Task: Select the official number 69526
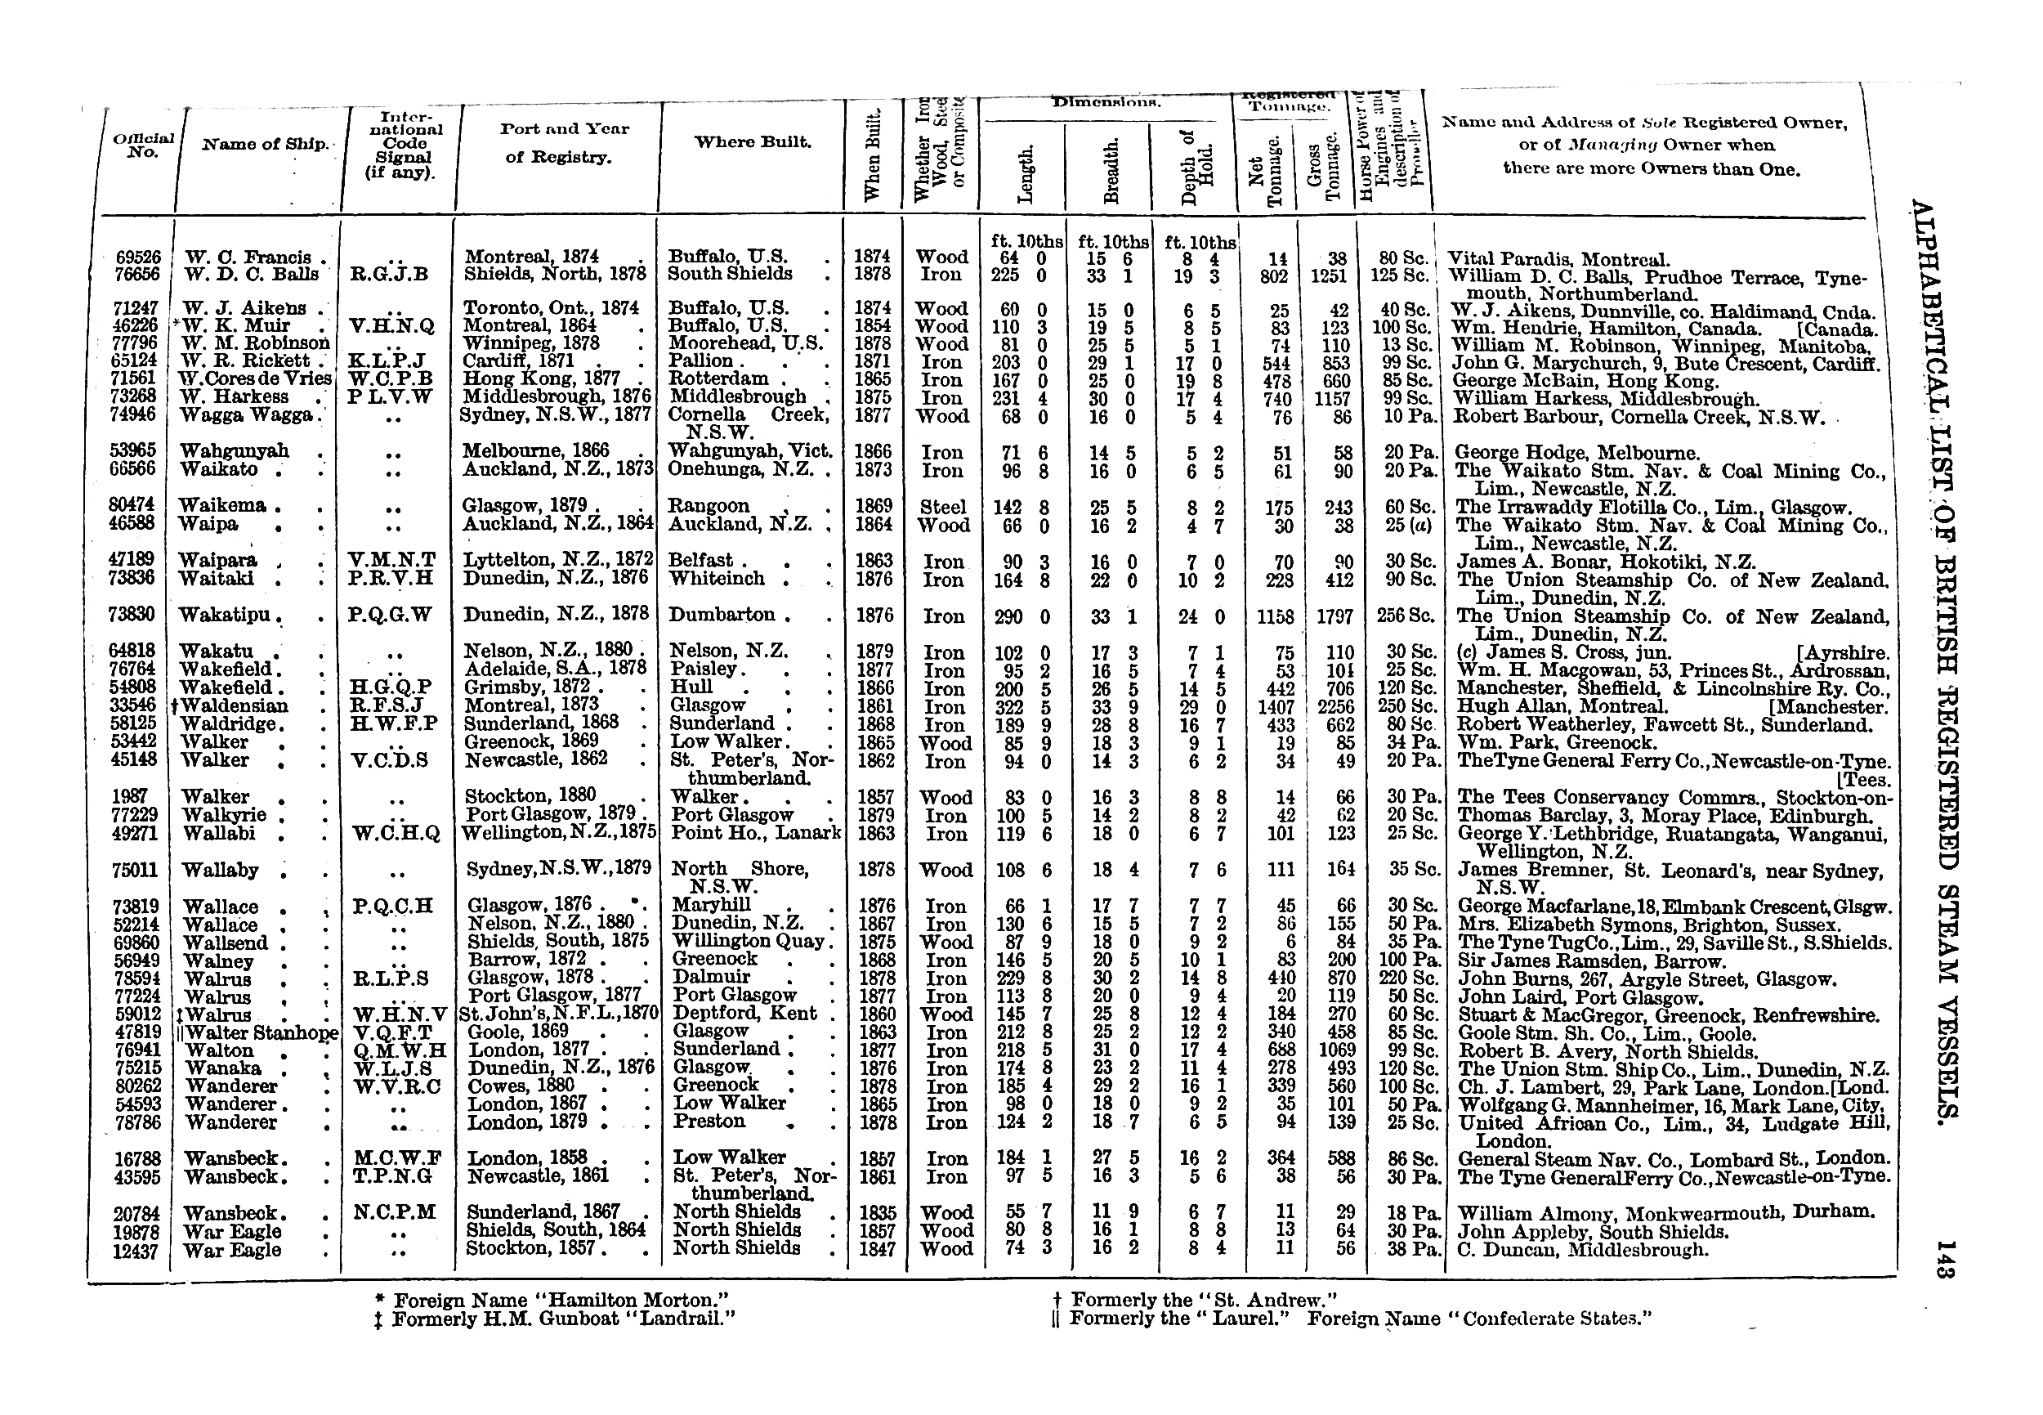pos(138,257)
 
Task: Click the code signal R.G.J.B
pos(390,275)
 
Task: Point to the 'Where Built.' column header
pos(753,142)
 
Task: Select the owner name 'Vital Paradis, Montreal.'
pos(1558,260)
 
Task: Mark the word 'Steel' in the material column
pos(943,507)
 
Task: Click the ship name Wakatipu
pos(230,616)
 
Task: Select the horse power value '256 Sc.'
pos(1406,616)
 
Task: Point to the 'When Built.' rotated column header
pos(872,155)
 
